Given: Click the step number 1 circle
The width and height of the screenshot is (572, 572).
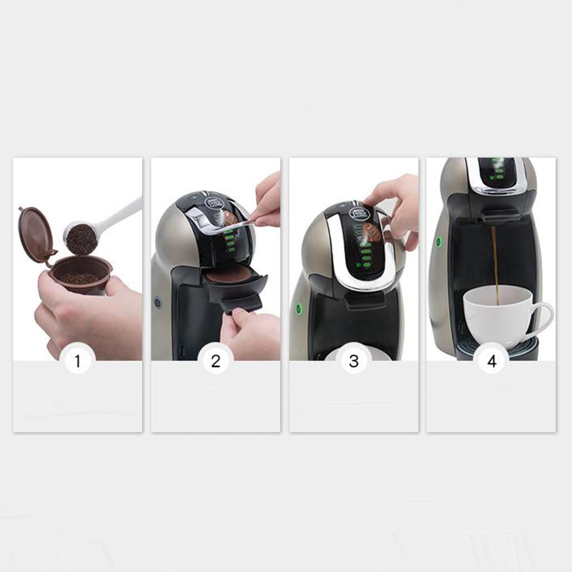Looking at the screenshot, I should click(x=77, y=361).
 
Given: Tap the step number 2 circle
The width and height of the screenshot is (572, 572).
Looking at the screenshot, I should click(x=216, y=361).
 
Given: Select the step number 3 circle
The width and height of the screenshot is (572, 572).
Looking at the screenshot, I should click(x=354, y=361).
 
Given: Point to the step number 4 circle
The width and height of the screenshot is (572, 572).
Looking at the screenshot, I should click(x=492, y=361).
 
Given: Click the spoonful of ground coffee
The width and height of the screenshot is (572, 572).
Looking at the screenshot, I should click(x=82, y=239).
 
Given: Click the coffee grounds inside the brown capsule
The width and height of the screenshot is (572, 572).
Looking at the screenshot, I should click(x=79, y=277).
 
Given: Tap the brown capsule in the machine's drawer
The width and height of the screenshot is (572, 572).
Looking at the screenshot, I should click(x=230, y=274).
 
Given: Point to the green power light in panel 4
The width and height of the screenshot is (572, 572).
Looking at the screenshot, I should click(x=438, y=242).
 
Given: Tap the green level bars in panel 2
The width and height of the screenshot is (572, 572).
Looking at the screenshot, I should click(x=230, y=242).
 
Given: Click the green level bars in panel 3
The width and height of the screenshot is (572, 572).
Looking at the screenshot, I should click(x=366, y=258).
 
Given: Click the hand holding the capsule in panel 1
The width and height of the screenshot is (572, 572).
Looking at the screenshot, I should click(x=84, y=318).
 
